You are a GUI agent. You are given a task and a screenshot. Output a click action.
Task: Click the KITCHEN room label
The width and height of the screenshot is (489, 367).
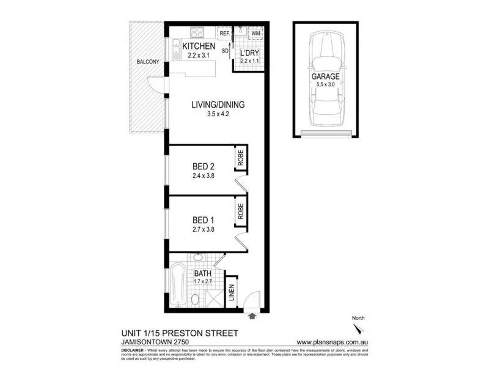point(199,46)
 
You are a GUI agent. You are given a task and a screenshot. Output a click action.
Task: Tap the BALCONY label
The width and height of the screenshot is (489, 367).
point(148,62)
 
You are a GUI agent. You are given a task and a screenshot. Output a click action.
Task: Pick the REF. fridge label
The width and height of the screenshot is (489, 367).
point(224,33)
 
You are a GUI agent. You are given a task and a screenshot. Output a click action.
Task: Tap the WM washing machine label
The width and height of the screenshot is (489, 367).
point(255,33)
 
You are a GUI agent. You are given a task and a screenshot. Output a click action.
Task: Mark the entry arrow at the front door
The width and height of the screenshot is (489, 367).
point(252,316)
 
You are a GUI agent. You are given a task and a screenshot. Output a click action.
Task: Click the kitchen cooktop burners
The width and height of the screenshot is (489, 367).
point(199,32)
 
